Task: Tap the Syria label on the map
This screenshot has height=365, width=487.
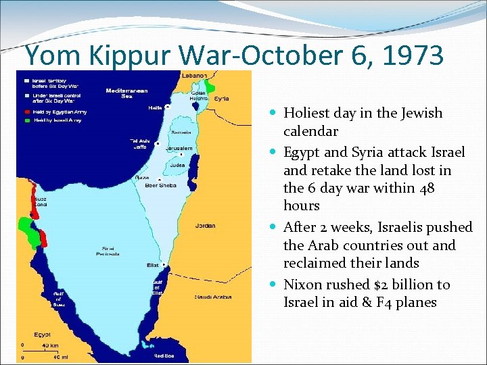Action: coord(221,98)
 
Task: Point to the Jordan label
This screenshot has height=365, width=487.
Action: coord(206,226)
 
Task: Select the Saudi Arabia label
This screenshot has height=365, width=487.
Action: coord(213,297)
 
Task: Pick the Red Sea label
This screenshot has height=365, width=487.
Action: coord(164,355)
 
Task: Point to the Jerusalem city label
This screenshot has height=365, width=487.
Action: coord(179,148)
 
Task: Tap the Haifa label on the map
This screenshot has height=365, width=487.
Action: coord(156,107)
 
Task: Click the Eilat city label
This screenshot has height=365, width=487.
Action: coord(152,266)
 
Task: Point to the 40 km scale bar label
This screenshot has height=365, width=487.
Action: coord(49,345)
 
